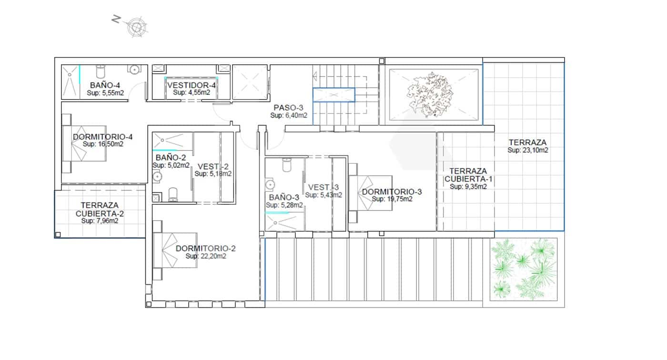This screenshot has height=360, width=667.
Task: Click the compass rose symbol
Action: pyautogui.click(x=136, y=27)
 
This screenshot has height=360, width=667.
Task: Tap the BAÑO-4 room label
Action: pyautogui.click(x=105, y=86)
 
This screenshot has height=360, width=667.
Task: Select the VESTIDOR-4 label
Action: pyautogui.click(x=192, y=85)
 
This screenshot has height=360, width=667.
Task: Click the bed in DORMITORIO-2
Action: pyautogui.click(x=174, y=250)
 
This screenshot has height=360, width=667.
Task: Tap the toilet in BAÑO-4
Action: pyautogui.click(x=101, y=71)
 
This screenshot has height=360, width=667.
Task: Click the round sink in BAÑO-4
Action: pyautogui.click(x=135, y=70)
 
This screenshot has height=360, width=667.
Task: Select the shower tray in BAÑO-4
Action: pyautogui.click(x=71, y=81)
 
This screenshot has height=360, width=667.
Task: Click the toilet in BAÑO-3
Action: pyautogui.click(x=287, y=165)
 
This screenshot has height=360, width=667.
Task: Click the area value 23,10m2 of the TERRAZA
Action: pyautogui.click(x=527, y=150)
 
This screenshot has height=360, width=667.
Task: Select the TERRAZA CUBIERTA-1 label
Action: pyautogui.click(x=468, y=175)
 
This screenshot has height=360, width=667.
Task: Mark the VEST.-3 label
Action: pyautogui.click(x=323, y=187)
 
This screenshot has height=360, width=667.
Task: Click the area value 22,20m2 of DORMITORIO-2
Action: pyautogui.click(x=206, y=256)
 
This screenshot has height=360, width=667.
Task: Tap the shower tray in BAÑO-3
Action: pyautogui.click(x=284, y=222)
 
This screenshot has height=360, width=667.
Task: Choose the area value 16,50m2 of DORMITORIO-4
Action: pyautogui.click(x=103, y=144)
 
